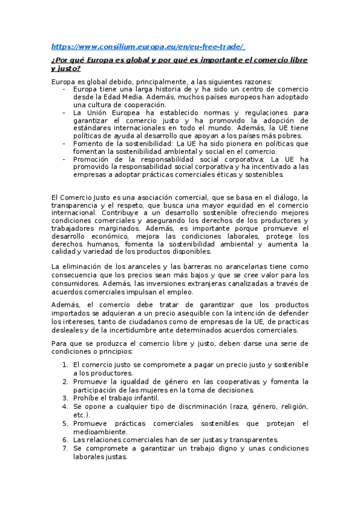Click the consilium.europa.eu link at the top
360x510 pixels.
point(148,47)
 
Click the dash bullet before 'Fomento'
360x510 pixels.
point(64,144)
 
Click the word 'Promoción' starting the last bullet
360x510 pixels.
point(91,159)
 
